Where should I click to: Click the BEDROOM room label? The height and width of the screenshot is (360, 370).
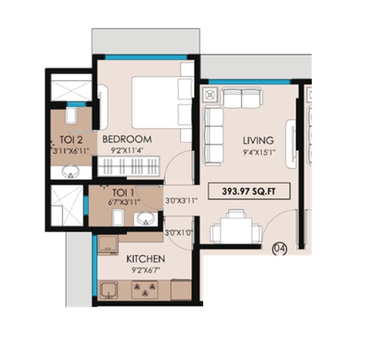pyautogui.click(x=127, y=139)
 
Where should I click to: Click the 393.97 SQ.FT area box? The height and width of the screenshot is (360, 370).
pyautogui.click(x=249, y=191)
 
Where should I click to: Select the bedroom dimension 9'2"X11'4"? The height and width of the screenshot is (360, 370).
pyautogui.click(x=127, y=150)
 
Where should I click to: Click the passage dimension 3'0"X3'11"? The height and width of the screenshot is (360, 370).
pyautogui.click(x=181, y=201)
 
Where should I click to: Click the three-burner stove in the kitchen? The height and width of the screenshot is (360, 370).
pyautogui.click(x=145, y=289)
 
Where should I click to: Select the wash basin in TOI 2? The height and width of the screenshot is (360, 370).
pyautogui.click(x=71, y=172)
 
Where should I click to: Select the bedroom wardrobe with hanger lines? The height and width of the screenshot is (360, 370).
pyautogui.click(x=129, y=165)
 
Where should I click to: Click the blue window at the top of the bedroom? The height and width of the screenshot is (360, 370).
pyautogui.click(x=146, y=57)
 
